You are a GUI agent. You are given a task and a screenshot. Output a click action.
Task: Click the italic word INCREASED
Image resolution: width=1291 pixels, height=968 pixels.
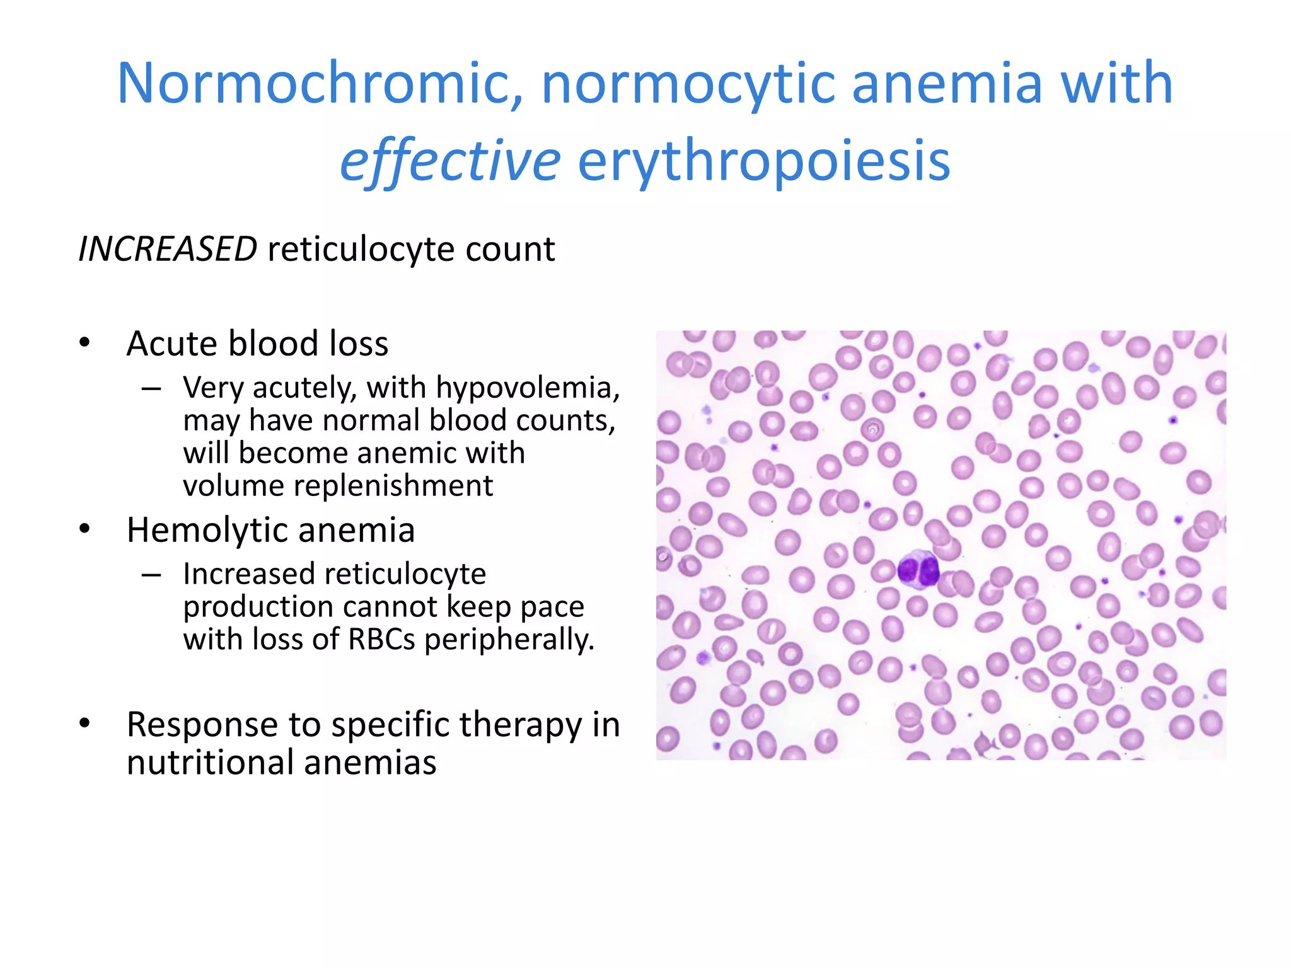coord(168,249)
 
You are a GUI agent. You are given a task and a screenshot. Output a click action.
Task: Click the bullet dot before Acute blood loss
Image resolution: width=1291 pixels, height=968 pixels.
coord(85,343)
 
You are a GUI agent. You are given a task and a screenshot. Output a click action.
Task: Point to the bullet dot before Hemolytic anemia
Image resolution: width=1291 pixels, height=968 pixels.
coord(85,530)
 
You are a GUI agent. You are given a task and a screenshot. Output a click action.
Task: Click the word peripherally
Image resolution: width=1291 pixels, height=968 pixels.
coord(509,640)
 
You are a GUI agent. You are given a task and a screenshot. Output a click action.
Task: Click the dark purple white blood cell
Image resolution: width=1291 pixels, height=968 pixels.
coord(918,570)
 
